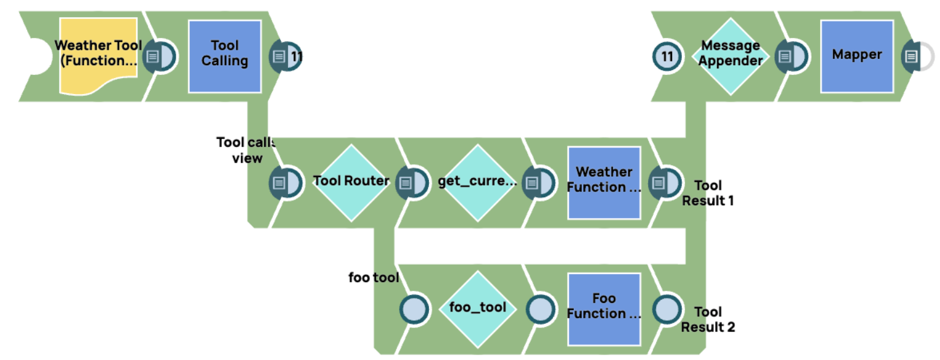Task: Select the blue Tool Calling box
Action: pos(225,57)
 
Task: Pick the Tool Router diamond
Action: pos(351,182)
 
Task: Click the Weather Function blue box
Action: pos(604,182)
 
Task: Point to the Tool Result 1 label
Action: pos(708,193)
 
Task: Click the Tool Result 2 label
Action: pos(708,319)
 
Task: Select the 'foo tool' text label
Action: pos(374,278)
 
